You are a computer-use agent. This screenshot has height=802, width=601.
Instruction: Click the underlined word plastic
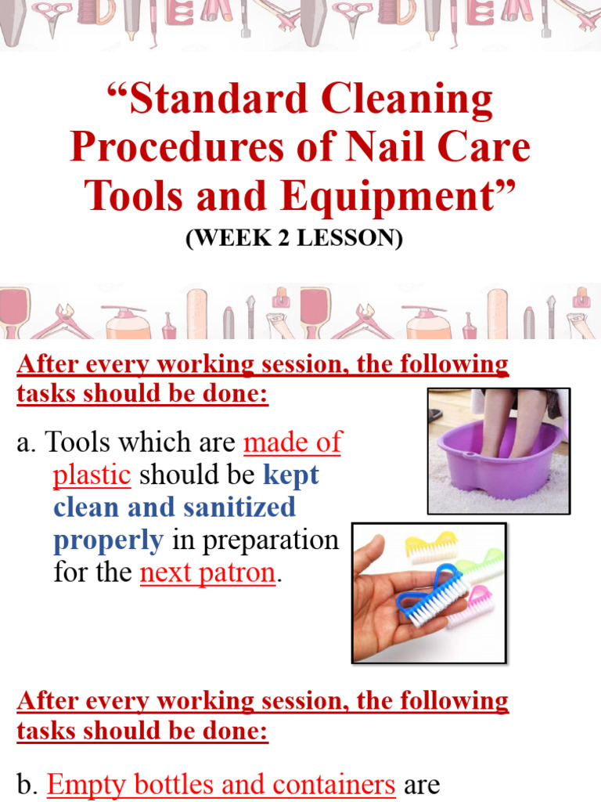92,475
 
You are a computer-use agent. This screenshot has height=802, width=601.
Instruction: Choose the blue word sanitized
239,508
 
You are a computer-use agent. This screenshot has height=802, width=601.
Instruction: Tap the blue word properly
108,540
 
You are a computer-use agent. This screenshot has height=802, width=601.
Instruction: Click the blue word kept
291,475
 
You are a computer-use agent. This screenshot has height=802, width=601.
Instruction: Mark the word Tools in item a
75,443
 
